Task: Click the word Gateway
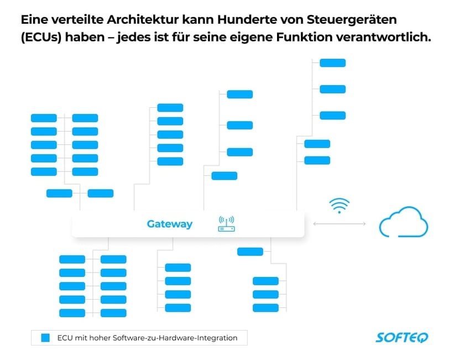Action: coord(169,224)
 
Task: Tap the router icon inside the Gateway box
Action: coord(226,224)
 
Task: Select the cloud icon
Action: coord(403,222)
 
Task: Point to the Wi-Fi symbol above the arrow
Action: coord(339,205)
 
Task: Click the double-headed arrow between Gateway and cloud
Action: coord(340,223)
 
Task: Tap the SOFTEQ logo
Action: coord(401,337)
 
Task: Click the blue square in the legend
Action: coord(45,338)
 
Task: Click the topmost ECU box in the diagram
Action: coord(332,62)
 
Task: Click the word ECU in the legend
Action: coord(65,338)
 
